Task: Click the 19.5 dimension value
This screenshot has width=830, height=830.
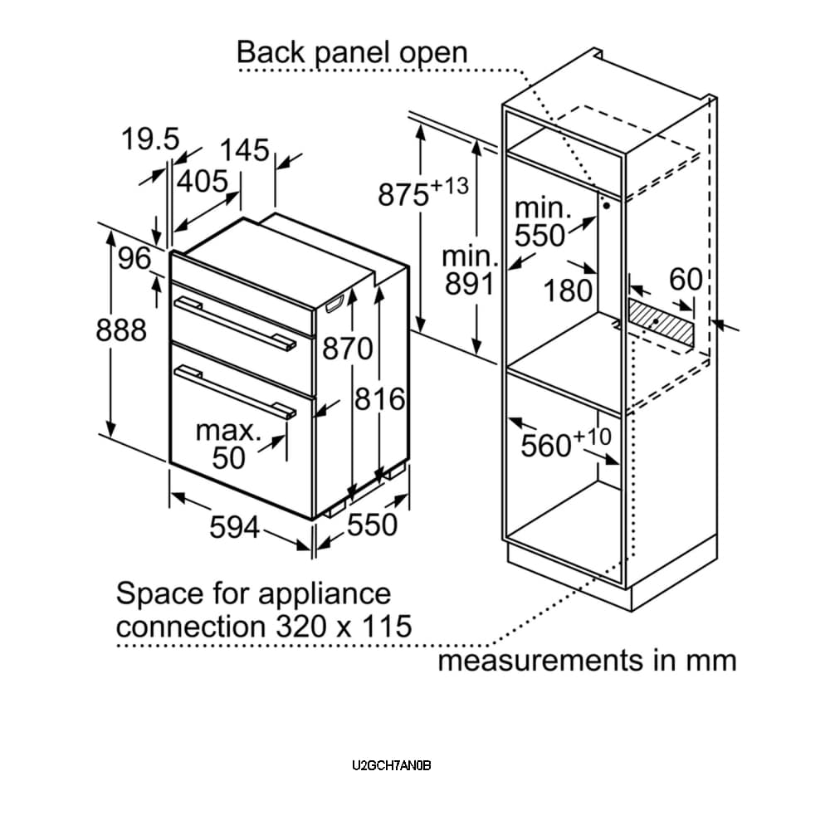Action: pyautogui.click(x=150, y=139)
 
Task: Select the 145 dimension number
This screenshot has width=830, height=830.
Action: pyautogui.click(x=245, y=150)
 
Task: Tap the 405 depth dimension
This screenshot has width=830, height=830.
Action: pyautogui.click(x=203, y=181)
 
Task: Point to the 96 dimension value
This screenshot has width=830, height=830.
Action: pyautogui.click(x=134, y=259)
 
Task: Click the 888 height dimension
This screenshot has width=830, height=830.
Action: pyautogui.click(x=121, y=330)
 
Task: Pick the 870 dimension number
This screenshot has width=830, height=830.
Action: pyautogui.click(x=348, y=349)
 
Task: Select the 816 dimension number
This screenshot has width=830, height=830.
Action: pyautogui.click(x=380, y=399)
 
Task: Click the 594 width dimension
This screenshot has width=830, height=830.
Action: pyautogui.click(x=234, y=526)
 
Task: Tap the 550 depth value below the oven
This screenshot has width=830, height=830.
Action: pyautogui.click(x=373, y=525)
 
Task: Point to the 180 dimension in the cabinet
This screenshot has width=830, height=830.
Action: pyautogui.click(x=569, y=290)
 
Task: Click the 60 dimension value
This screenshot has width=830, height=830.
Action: pyautogui.click(x=686, y=280)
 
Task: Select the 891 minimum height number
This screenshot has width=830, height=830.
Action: pyautogui.click(x=469, y=284)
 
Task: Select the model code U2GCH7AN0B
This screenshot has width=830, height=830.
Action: pyautogui.click(x=392, y=765)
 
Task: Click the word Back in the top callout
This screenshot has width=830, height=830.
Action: pyautogui.click(x=271, y=52)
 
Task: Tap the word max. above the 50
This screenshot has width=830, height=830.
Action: pyautogui.click(x=228, y=431)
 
